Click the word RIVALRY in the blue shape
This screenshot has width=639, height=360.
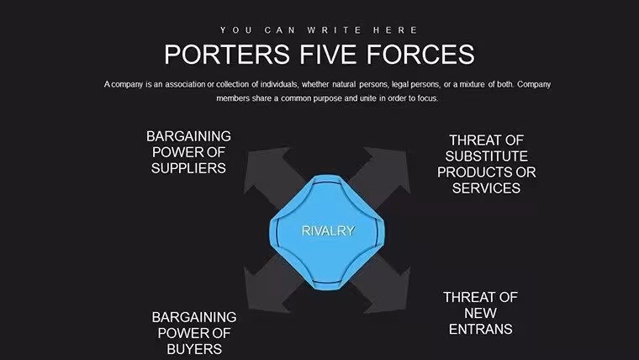pos(328,230)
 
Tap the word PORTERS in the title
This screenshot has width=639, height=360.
pos(227,54)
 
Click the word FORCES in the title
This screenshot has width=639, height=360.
pos(420,54)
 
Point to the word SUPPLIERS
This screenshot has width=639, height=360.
pos(188,168)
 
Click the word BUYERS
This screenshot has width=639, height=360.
pos(194,349)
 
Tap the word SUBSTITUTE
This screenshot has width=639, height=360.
pos(486,156)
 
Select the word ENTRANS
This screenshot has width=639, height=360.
pos(480,329)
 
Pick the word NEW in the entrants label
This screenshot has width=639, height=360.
pos(480,313)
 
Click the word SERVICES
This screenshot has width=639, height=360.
pos(486,188)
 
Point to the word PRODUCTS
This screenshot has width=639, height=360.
pos(474,172)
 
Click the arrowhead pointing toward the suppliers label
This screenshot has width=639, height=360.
pos(264,168)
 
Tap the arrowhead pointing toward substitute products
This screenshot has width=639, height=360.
pos(388,168)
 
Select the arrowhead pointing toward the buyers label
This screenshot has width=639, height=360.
pos(264,292)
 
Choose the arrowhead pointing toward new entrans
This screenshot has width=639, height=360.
pos(388,292)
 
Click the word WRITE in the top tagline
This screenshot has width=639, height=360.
pos(334,30)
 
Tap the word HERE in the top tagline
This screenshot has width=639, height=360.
pos(395,30)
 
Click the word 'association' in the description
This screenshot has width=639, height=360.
pos(185,84)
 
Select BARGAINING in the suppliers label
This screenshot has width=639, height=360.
pos(188,136)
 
